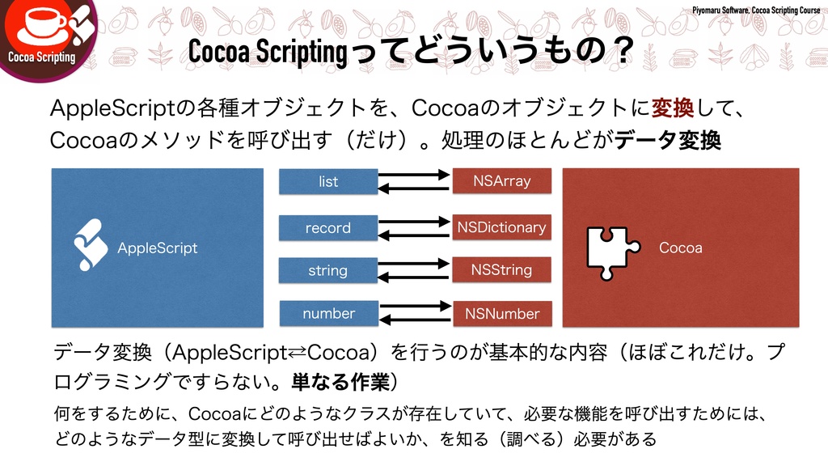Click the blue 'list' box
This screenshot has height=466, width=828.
point(328,181)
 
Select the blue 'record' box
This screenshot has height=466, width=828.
point(328,227)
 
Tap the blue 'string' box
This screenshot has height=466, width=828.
point(328,270)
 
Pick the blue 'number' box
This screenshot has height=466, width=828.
point(328,313)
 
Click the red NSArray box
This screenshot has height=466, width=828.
point(501,181)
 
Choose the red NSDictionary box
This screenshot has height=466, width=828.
point(501,227)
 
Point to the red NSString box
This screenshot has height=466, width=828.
point(501,269)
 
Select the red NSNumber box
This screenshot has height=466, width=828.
point(501,313)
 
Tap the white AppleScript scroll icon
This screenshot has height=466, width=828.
point(91,244)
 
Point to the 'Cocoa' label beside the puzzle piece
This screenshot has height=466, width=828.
point(681,248)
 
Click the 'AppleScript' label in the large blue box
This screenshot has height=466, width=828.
point(158,248)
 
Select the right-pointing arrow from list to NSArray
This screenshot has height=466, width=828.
point(414,174)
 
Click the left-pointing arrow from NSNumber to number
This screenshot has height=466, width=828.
point(414,320)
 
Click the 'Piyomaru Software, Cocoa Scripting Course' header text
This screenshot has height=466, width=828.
point(756,9)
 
